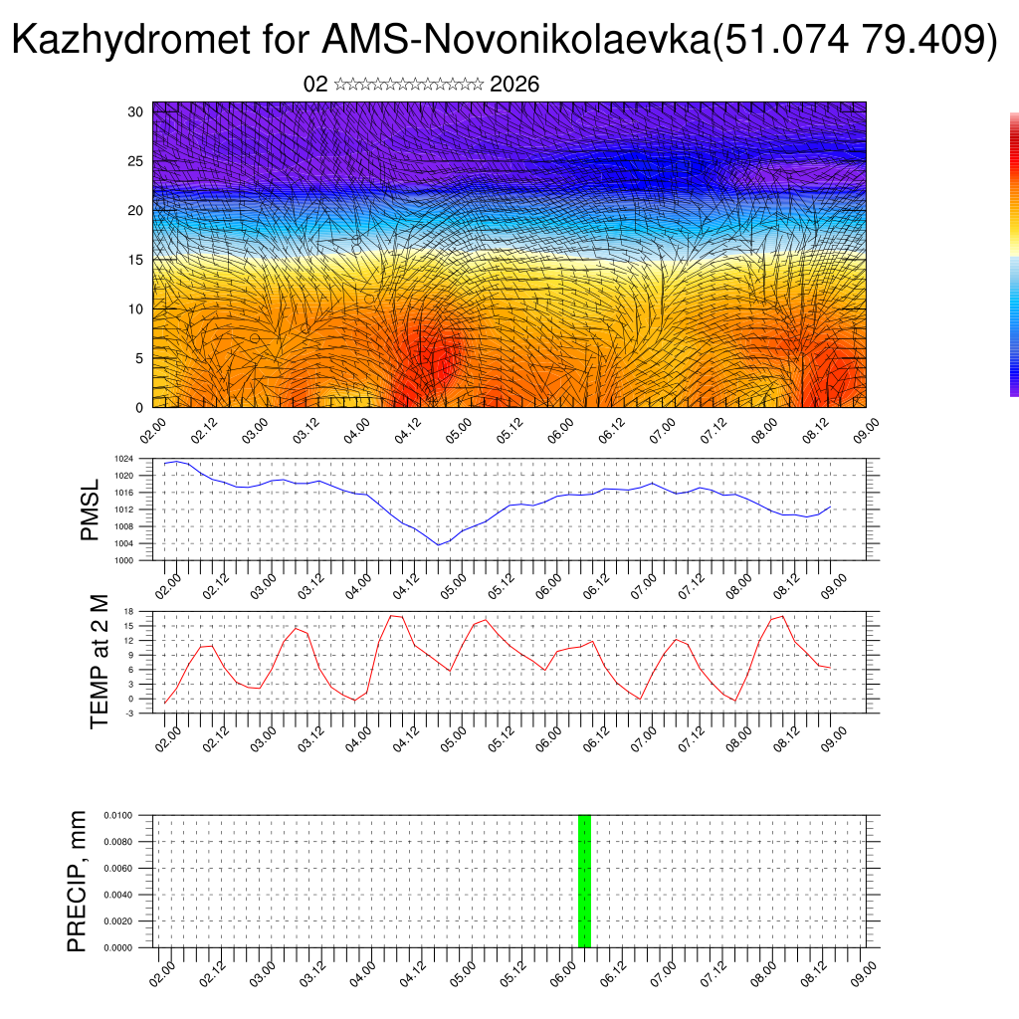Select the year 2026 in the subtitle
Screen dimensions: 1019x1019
514,85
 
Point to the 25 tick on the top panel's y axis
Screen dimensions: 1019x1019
135,161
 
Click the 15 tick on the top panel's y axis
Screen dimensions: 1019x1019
135,260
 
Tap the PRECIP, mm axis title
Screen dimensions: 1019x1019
78,881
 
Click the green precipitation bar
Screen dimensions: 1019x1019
584,881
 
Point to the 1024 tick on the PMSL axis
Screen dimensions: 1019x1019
123,459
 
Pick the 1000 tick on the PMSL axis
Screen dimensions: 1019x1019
123,560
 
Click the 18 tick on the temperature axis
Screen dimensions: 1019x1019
128,611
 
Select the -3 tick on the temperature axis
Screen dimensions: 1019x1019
128,713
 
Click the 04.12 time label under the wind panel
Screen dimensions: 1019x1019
407,430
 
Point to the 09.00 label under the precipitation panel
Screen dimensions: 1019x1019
863,972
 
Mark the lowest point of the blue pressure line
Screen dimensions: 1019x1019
438,545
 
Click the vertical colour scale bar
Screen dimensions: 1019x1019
1014,254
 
